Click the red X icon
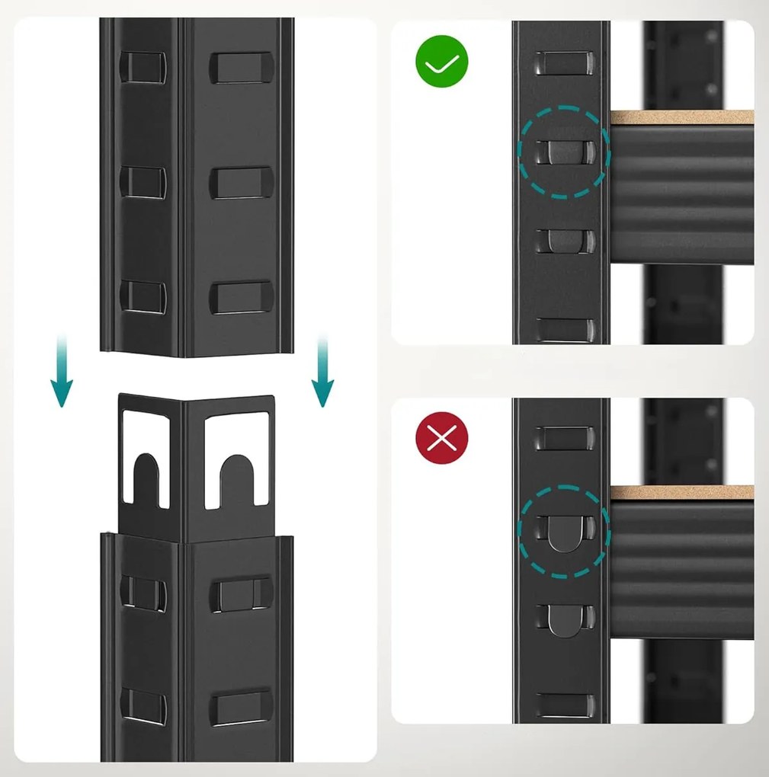[x=441, y=439]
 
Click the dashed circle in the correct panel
[x=564, y=152]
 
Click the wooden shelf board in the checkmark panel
[x=681, y=117]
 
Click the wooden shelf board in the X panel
[x=681, y=492]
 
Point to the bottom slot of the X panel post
[x=564, y=705]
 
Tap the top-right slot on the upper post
[x=241, y=67]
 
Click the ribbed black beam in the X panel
[x=681, y=568]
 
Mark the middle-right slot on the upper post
[x=241, y=183]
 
